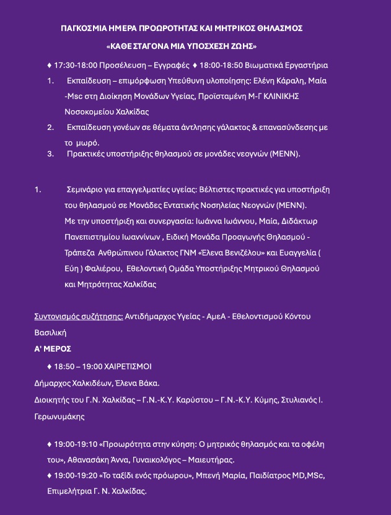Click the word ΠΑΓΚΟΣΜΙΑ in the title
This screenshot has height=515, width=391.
pos(84,28)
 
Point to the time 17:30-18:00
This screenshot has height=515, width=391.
pos(76,65)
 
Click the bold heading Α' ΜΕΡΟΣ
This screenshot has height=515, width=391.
pos(53,348)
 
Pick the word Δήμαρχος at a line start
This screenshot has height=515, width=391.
pos(53,383)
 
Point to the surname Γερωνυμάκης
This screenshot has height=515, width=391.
pos(59,417)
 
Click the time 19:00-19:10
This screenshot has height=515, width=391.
pos(76,444)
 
